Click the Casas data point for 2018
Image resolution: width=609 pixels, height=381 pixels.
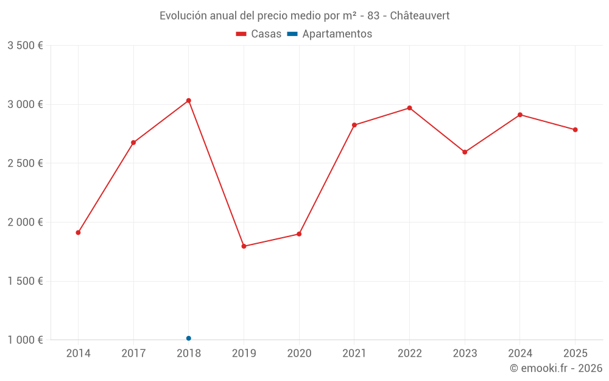(189, 101)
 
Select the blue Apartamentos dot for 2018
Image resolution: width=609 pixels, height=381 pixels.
(189, 338)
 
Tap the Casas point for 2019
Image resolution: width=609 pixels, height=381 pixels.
(244, 246)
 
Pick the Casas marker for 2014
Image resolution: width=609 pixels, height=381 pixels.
(78, 232)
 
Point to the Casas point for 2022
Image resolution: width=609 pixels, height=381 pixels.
(409, 108)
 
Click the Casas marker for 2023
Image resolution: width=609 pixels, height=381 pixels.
(465, 152)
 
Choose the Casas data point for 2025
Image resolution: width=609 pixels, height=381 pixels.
(575, 130)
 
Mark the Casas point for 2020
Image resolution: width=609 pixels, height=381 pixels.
(299, 234)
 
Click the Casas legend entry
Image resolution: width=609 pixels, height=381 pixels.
(259, 34)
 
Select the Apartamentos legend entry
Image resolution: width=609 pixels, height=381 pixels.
(329, 34)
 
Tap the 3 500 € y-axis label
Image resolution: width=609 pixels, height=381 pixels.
(25, 46)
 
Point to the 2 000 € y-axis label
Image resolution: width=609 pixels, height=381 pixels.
(25, 223)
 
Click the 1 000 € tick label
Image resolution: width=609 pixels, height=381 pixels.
(25, 340)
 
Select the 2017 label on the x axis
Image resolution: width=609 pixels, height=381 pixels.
(133, 354)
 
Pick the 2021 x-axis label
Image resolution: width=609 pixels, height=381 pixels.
(354, 354)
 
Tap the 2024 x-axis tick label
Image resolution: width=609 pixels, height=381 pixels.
(519, 354)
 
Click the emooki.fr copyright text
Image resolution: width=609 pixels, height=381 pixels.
(556, 368)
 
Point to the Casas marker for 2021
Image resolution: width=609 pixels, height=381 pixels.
(354, 125)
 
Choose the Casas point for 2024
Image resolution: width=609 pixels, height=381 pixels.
(519, 115)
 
